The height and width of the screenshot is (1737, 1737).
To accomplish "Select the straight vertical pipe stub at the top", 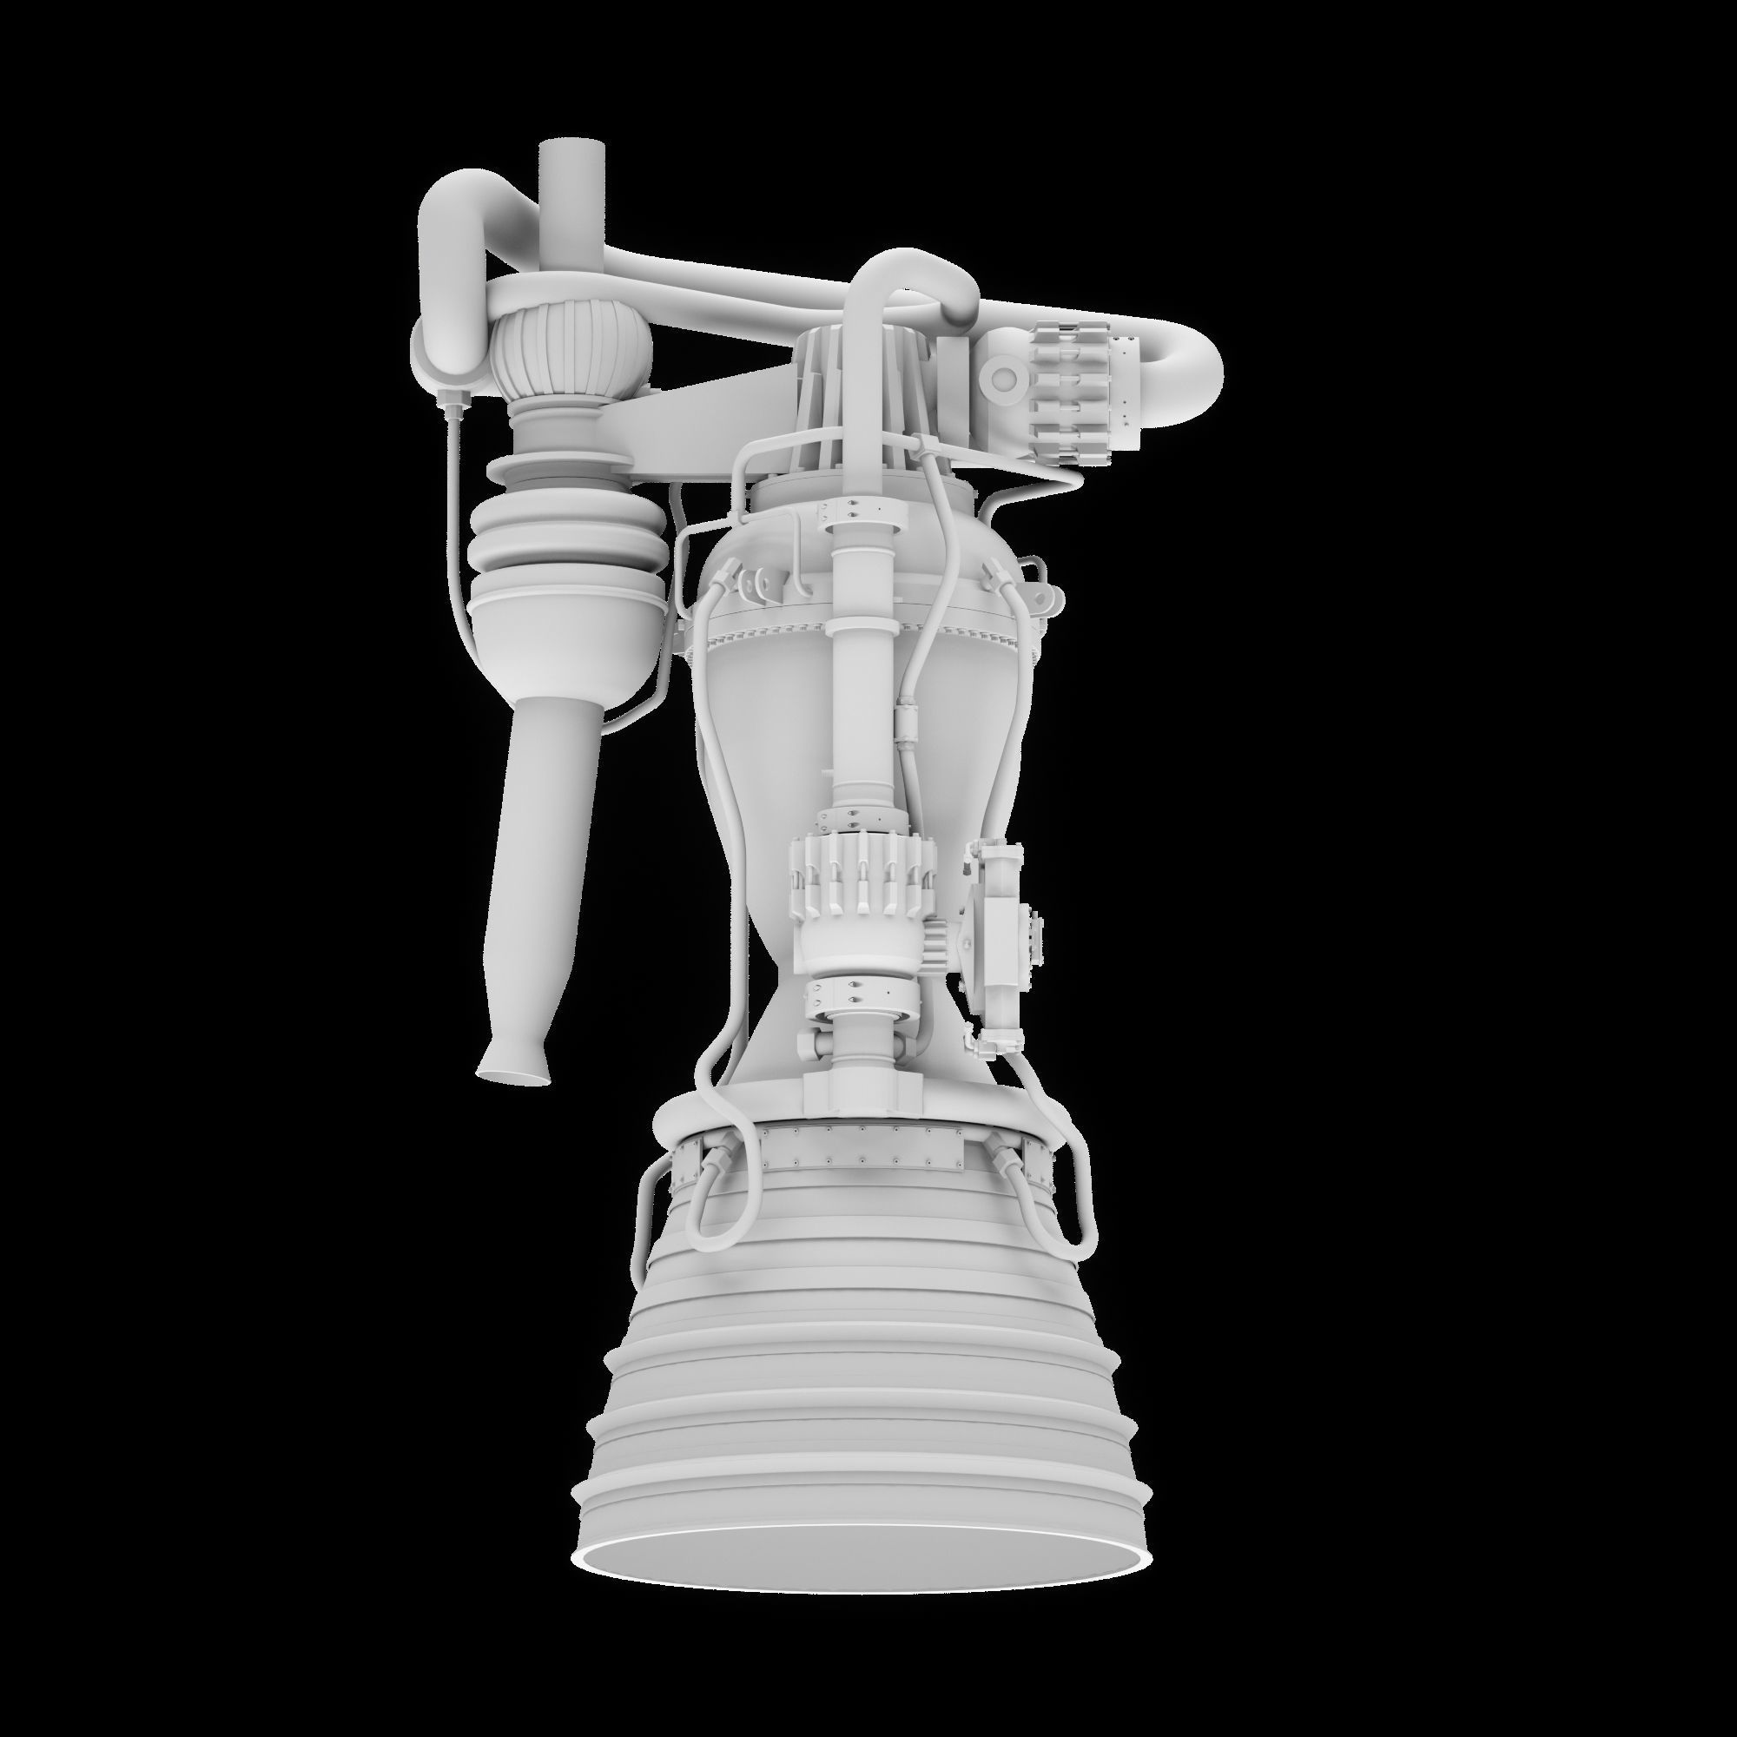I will (571, 180).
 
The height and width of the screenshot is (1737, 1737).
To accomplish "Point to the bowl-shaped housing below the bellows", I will (566, 630).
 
